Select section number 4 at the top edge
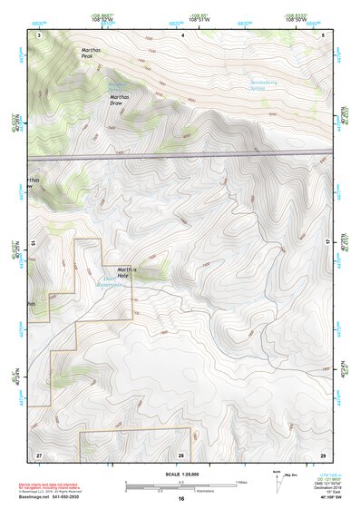click(182, 34)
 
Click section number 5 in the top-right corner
click(324, 34)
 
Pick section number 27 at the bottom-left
click(39, 453)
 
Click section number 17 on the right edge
click(326, 242)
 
